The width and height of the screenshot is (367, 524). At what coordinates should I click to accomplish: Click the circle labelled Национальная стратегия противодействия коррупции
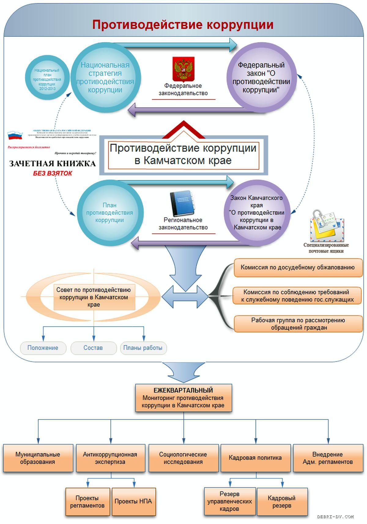coord(105,78)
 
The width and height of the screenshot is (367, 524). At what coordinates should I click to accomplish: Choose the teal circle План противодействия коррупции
coord(109,213)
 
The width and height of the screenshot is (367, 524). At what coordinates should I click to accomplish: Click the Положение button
coord(43,348)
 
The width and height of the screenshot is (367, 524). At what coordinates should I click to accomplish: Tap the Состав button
coord(93,348)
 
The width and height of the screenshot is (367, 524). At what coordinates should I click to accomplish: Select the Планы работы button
coord(143,348)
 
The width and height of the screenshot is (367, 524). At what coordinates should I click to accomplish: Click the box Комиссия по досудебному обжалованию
coord(298,268)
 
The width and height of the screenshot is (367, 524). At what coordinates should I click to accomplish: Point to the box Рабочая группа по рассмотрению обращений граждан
coord(298,324)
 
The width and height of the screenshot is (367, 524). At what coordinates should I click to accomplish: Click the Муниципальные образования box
coord(38,458)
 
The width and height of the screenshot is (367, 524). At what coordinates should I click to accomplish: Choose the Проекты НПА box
coord(133,501)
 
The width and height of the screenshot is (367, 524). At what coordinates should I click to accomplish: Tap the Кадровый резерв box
coord(282,502)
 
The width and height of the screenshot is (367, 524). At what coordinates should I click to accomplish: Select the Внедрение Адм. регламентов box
coord(328,458)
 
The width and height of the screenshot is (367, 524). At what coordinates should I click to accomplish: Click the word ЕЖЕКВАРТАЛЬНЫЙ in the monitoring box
coord(183,390)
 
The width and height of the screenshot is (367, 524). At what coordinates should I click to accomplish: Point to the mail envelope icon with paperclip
coord(326,225)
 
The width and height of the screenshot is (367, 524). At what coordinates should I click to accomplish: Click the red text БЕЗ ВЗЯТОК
coord(53,173)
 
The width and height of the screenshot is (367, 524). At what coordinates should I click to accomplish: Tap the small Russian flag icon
coord(15,135)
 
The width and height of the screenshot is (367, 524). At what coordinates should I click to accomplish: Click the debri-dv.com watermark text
coord(335,517)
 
